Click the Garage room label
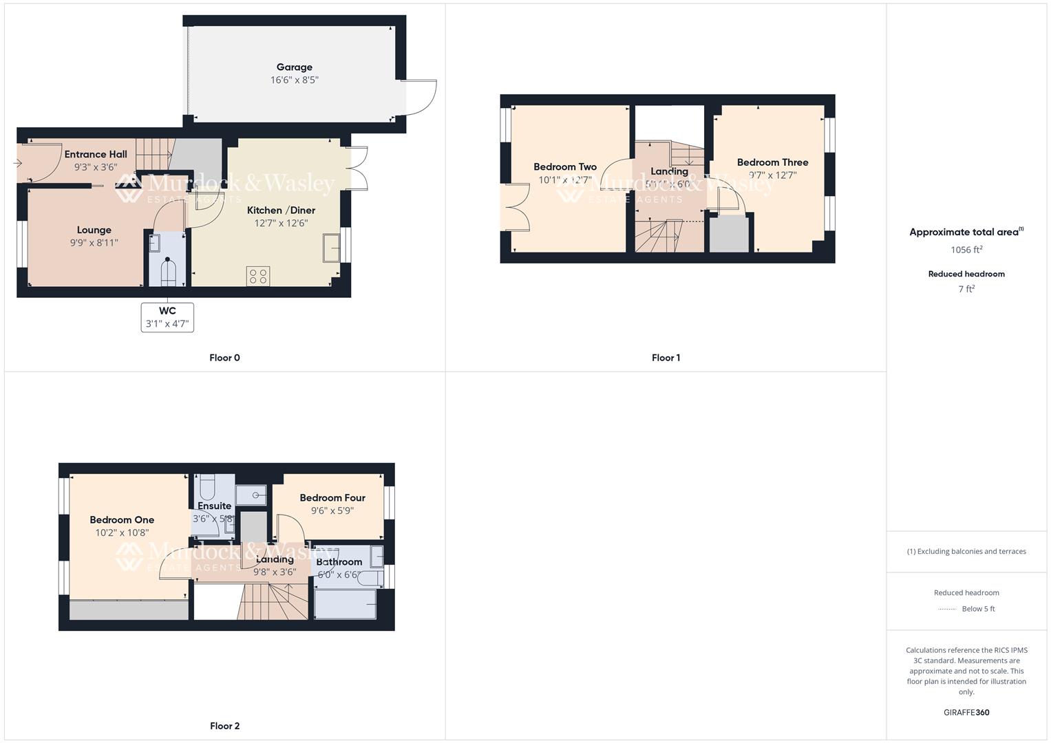(294, 67)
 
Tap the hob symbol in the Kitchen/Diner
(258, 277)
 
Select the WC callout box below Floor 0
(167, 317)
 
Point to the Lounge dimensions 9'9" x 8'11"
(94, 242)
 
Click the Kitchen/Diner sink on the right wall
(331, 248)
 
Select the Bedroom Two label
(564, 167)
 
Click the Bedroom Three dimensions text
(772, 175)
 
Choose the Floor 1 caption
(666, 358)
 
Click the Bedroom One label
(122, 520)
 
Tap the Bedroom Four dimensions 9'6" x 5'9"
(332, 510)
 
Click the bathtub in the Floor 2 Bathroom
(345, 603)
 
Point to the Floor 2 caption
(224, 726)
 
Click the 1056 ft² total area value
(966, 250)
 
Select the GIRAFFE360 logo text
(966, 713)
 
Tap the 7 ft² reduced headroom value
(966, 289)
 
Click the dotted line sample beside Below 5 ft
(947, 609)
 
